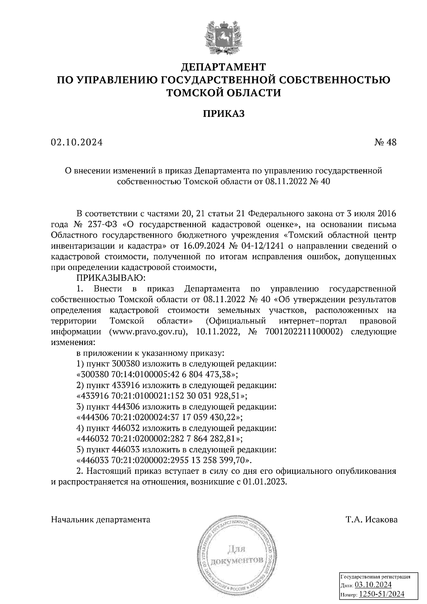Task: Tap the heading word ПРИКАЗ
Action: tap(223, 113)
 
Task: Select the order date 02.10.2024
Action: tap(77, 143)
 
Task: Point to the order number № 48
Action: tap(385, 143)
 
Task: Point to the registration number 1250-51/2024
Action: tap(381, 594)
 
